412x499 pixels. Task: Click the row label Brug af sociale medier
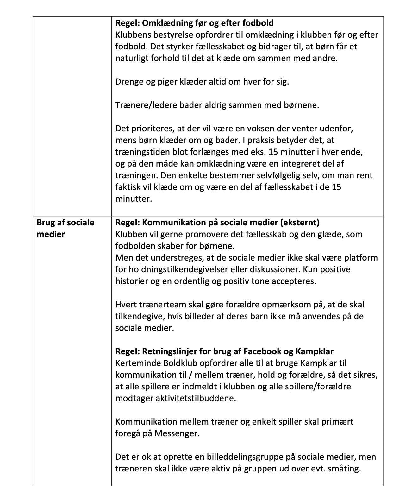click(x=65, y=228)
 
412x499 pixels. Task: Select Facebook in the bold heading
click(x=262, y=351)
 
